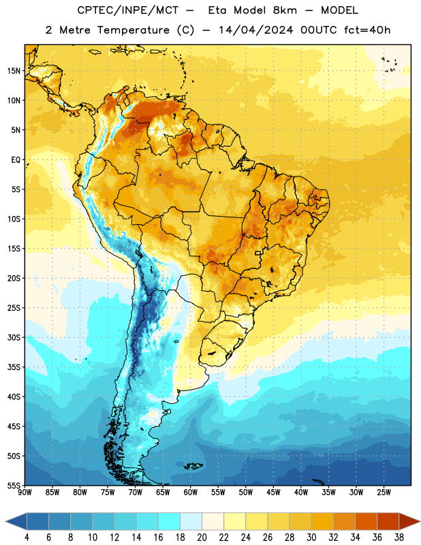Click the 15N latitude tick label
click(14, 71)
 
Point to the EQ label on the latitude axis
click(16, 160)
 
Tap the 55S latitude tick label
click(14, 485)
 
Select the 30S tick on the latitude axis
click(14, 337)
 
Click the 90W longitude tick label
click(25, 493)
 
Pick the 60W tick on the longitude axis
click(191, 493)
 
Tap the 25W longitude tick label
click(384, 493)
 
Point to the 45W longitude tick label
click(273, 493)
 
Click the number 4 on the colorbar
click(27, 538)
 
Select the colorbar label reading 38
click(399, 538)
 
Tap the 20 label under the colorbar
click(202, 538)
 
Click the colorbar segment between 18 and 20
click(191, 521)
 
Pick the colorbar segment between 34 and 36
click(366, 521)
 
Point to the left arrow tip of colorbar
click(5, 521)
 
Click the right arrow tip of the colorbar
click(420, 521)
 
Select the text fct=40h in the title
click(367, 30)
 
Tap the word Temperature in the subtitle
click(133, 30)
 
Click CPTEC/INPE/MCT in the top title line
click(127, 10)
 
